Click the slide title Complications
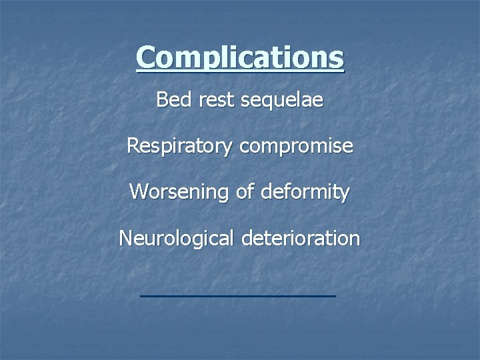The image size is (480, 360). tap(240, 57)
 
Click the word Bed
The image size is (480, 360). tap(170, 100)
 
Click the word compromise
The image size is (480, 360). tap(296, 147)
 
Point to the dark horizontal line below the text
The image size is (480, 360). tap(239, 295)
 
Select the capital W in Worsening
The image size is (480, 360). tap(139, 192)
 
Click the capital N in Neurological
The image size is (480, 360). tap(126, 238)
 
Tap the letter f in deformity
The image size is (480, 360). tap(282, 192)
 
